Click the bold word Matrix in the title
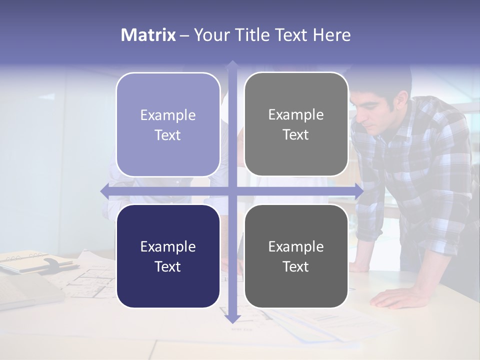[x=148, y=35]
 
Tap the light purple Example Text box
[x=168, y=124]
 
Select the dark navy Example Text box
[x=168, y=256]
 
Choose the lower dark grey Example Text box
[x=296, y=256]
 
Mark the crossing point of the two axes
[x=232, y=190]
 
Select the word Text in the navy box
[x=168, y=266]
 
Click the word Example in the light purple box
[x=168, y=115]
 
